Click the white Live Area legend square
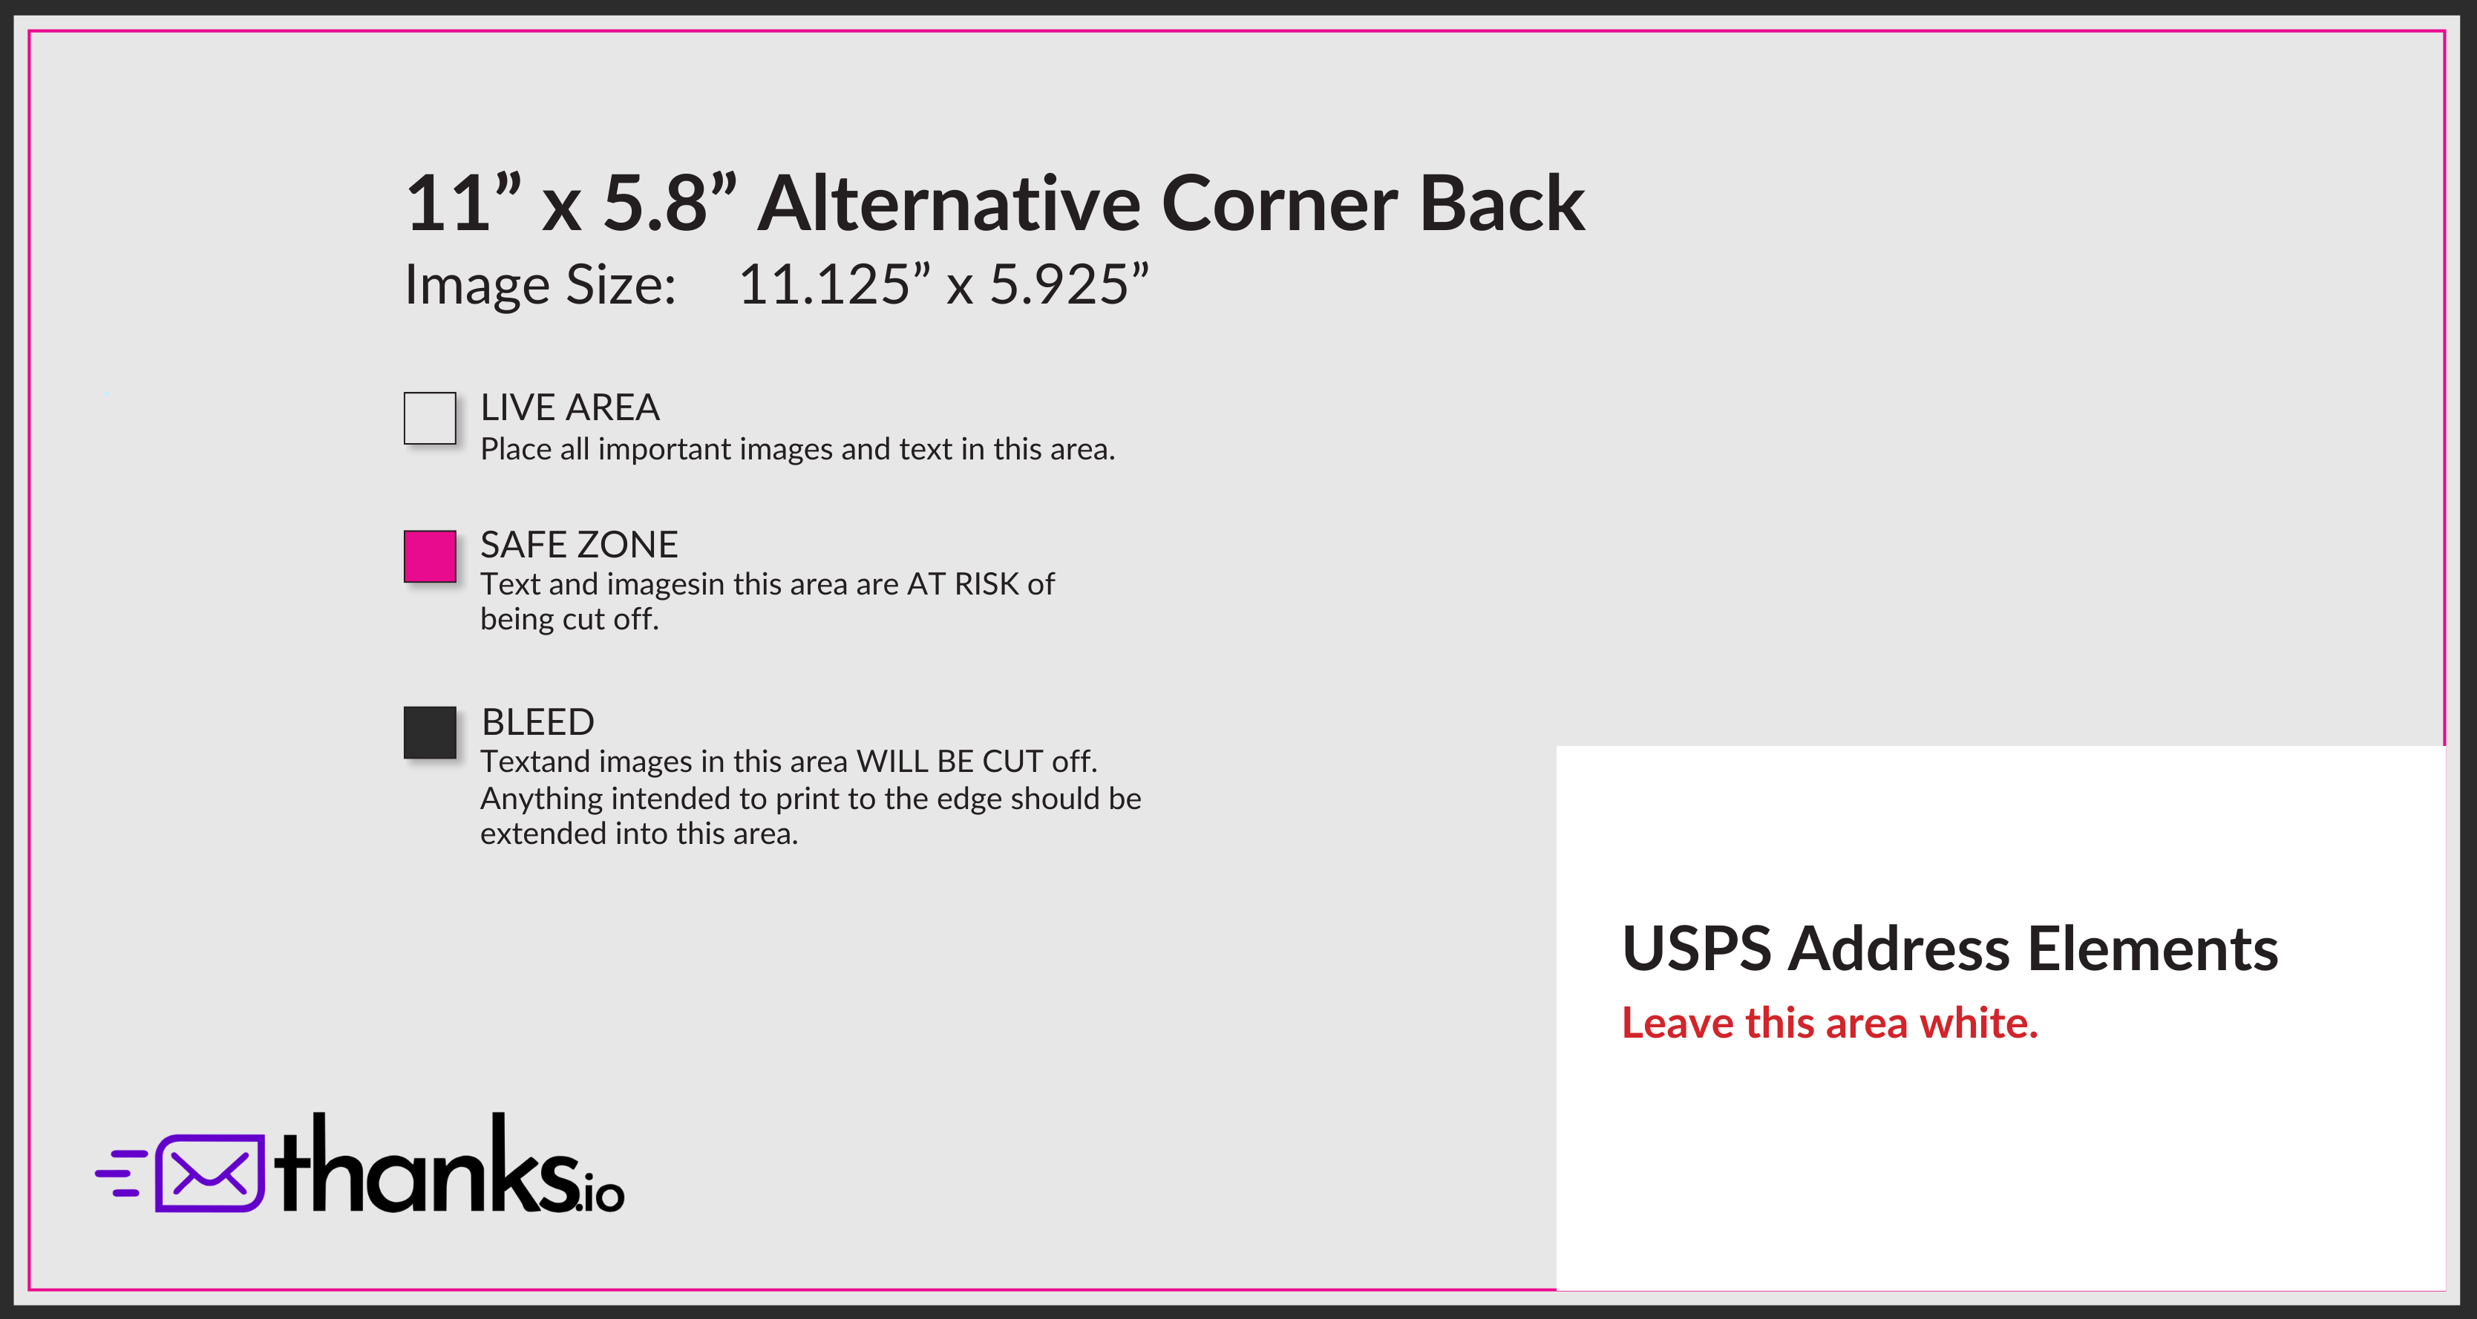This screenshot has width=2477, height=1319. (430, 418)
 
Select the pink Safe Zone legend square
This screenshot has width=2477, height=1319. (430, 557)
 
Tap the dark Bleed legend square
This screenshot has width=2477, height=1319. (430, 733)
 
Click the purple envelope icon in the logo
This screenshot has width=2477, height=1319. (209, 1173)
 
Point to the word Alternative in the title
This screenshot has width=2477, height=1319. (949, 204)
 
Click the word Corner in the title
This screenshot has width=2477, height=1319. (1280, 204)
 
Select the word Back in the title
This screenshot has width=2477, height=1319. (1502, 204)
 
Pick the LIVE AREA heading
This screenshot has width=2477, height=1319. (570, 408)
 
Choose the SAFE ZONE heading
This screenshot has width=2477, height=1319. (579, 545)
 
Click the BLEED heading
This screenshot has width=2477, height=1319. (537, 722)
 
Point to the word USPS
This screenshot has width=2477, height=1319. (1696, 949)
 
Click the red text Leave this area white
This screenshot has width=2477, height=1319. (1830, 1023)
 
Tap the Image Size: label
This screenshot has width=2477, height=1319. (540, 286)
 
